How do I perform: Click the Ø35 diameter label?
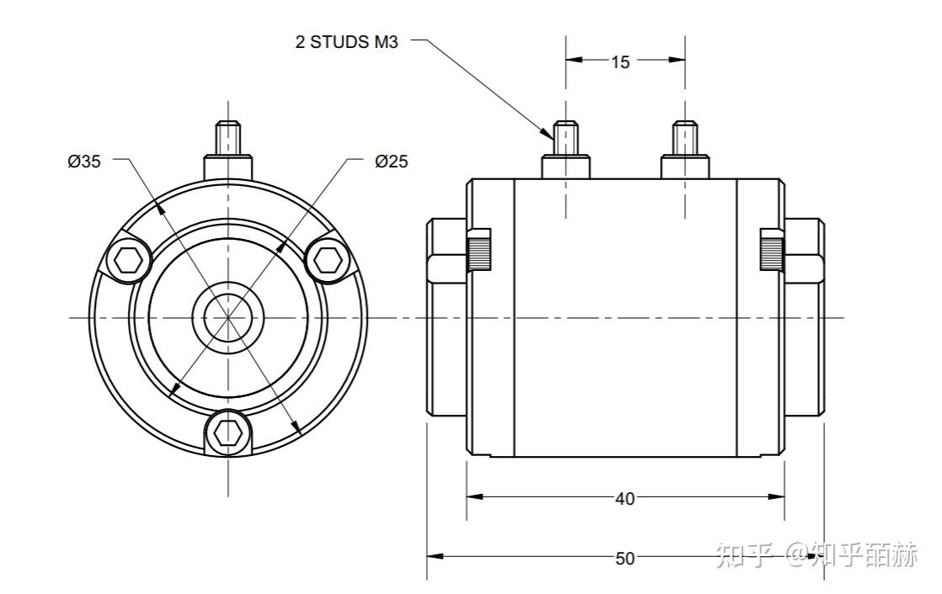coord(84,161)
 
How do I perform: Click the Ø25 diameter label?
coord(391,161)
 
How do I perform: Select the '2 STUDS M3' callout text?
coord(346,42)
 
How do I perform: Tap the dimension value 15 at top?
coord(620,61)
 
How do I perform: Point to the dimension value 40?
coord(625,499)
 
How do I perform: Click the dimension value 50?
coord(625,559)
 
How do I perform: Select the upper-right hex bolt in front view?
coord(327,260)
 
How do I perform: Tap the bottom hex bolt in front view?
coord(227,432)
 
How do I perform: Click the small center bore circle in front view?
coord(228,317)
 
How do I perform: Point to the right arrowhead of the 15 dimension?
coord(677,60)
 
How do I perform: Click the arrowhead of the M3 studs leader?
coord(548,133)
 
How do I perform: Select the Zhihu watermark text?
coord(816,554)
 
